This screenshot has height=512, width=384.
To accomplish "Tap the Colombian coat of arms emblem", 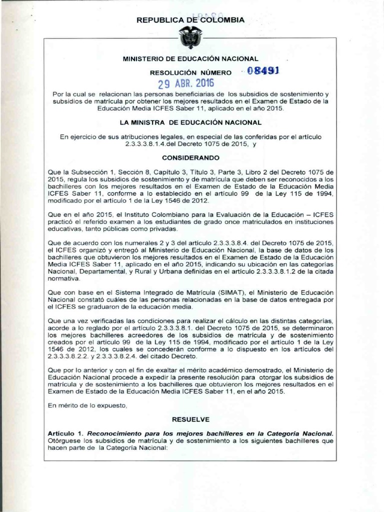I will pos(191,37).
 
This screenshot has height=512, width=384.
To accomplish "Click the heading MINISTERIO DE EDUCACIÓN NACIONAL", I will pos(190,59).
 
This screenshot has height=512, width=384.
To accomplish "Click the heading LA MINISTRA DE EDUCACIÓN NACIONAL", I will pos(190,122).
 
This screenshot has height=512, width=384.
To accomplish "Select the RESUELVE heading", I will pos(190,417).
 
